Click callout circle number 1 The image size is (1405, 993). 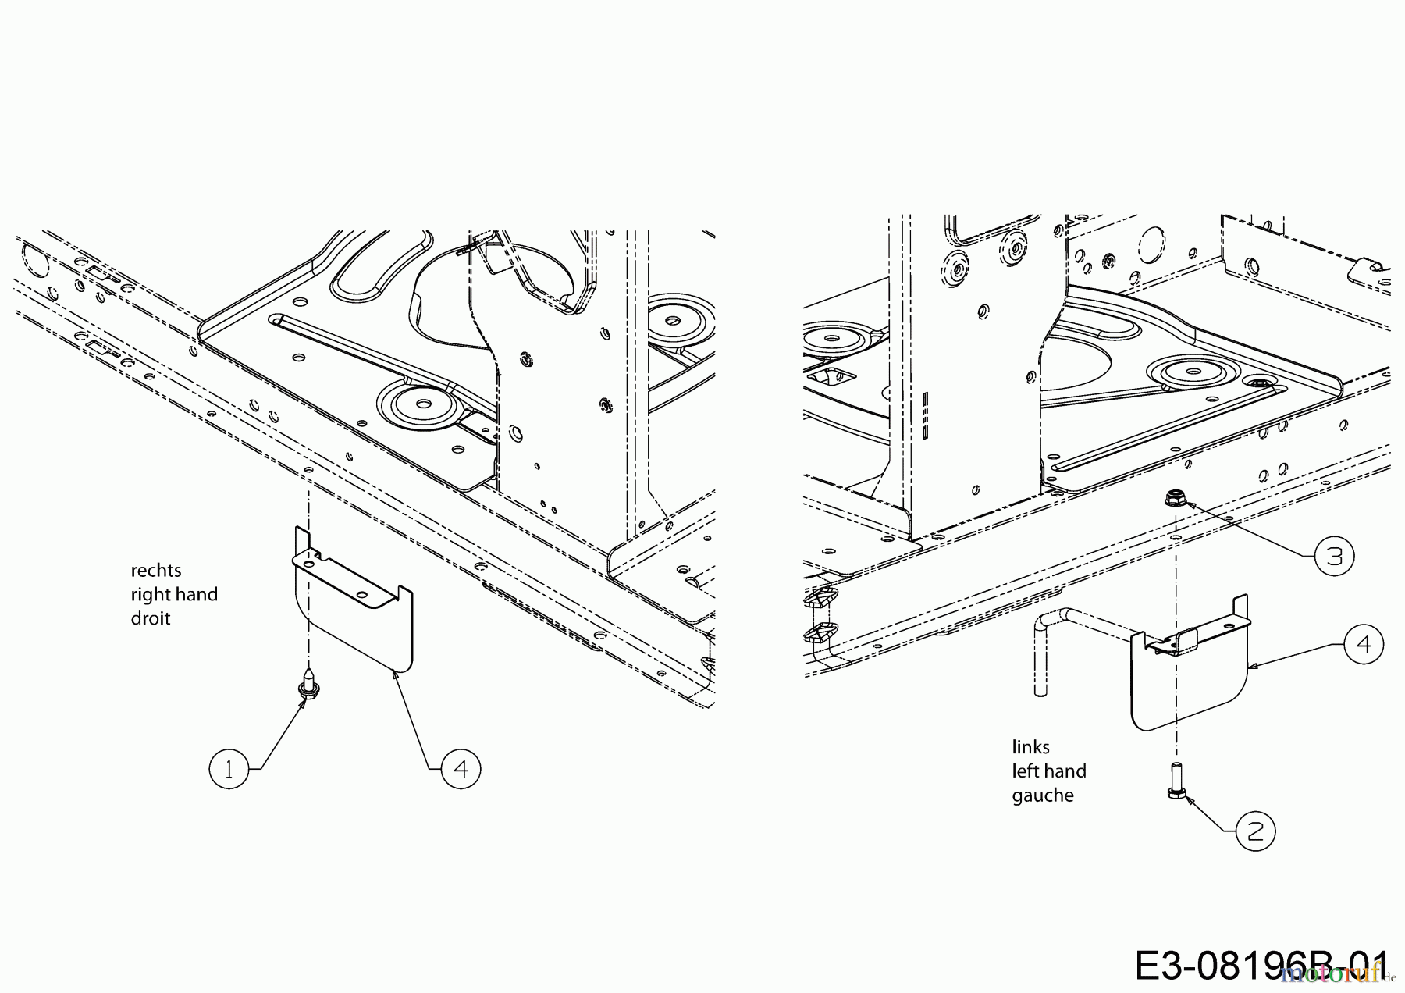229,770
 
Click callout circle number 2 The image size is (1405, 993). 1255,831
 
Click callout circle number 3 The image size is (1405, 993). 1334,557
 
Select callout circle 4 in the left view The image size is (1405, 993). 461,769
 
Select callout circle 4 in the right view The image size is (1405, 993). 1364,645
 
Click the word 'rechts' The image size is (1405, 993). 156,570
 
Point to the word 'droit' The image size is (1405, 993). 150,618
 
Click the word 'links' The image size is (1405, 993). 1030,747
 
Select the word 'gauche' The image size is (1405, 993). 1043,795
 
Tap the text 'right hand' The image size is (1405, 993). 174,594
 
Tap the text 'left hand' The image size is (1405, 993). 1049,771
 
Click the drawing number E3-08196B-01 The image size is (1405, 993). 1261,965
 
